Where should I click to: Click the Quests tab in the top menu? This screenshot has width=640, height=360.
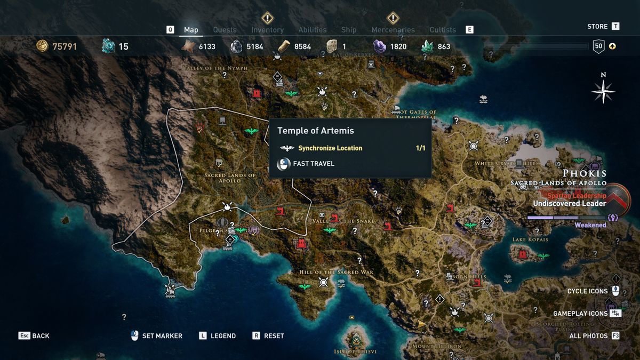pos(225,30)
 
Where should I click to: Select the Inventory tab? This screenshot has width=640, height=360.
pos(267,30)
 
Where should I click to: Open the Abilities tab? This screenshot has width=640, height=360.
pos(313,30)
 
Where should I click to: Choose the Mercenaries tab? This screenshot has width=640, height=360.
pos(393,30)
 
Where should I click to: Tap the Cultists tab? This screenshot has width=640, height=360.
pos(443,30)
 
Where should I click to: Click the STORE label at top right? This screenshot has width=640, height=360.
pos(597,26)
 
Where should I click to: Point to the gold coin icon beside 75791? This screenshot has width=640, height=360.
pos(42,46)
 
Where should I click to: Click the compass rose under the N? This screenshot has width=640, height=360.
pos(603,91)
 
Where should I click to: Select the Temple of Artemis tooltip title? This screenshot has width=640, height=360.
pos(315,131)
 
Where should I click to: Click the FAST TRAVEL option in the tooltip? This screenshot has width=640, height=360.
pos(314,164)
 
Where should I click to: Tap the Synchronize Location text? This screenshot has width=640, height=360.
pos(330,148)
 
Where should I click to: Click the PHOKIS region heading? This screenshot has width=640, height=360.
pos(585,173)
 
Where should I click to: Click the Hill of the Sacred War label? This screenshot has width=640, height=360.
pos(336,272)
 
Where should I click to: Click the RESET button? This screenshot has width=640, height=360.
pos(274,336)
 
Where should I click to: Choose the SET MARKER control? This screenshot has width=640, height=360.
pos(162,336)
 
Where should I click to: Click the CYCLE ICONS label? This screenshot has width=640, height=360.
pos(587,291)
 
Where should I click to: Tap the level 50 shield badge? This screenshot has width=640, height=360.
pos(598,46)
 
